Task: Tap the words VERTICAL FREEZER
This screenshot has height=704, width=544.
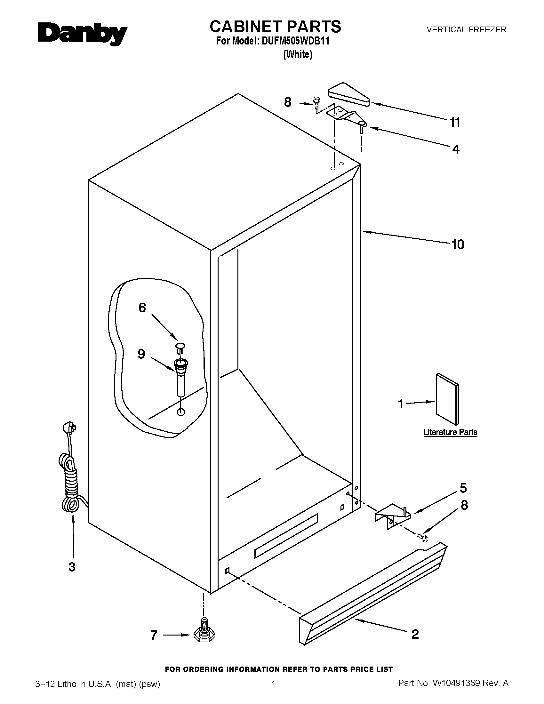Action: click(x=466, y=30)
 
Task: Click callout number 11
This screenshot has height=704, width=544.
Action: click(x=455, y=122)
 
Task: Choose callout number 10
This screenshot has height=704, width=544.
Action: click(x=458, y=245)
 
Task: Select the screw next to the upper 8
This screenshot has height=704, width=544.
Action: click(x=316, y=103)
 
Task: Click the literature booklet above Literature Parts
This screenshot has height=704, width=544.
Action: click(x=447, y=399)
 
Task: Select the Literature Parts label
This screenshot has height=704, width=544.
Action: click(x=450, y=432)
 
